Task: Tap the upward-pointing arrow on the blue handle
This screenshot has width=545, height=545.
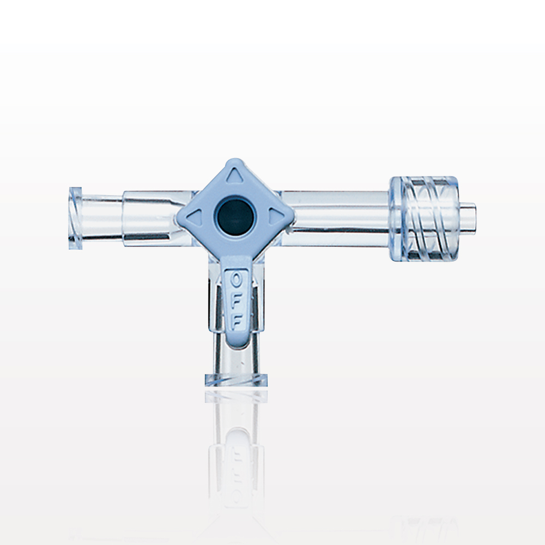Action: (235, 175)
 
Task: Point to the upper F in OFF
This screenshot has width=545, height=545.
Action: (236, 301)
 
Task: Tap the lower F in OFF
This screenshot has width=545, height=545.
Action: (236, 320)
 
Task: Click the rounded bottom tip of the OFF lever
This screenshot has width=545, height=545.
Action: (236, 341)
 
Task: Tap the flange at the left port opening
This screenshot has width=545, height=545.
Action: (73, 217)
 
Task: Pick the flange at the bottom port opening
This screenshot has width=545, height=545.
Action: (236, 380)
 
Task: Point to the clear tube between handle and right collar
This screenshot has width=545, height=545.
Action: (338, 215)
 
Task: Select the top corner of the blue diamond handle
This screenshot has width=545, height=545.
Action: (235, 162)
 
